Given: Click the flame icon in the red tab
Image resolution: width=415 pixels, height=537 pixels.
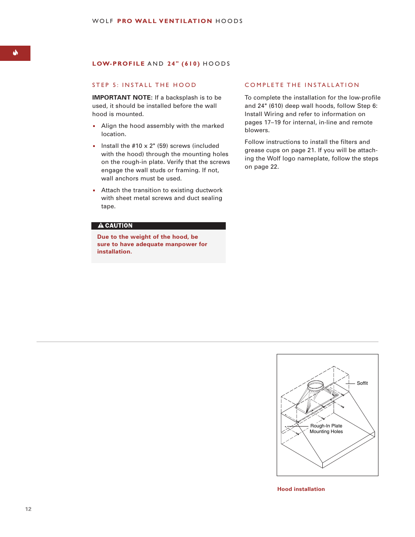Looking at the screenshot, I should pos(15,53).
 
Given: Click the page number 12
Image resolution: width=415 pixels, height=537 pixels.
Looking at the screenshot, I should pos(28,509).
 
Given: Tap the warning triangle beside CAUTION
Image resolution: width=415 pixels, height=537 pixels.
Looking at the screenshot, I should pos(100,226).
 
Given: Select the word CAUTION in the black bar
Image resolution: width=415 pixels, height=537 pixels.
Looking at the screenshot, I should pos(119,226).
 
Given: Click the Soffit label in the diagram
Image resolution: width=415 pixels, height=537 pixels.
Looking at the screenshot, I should pos(362,383).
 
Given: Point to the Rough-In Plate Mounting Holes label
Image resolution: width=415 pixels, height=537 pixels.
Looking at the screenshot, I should pos(326,429).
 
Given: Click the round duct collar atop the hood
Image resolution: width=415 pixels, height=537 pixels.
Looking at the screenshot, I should pos(315,385).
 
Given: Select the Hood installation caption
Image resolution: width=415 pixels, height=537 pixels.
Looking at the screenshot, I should pos(301,489).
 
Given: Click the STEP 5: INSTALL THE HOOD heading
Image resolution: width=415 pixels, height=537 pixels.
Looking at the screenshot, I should pos(144,85).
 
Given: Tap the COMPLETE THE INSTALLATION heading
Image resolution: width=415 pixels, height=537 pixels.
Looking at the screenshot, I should pos(302,85).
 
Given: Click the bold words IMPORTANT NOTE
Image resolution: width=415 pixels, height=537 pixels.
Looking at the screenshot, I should pos(122,98).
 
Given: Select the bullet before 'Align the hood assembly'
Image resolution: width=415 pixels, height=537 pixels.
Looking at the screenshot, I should pos(94,126).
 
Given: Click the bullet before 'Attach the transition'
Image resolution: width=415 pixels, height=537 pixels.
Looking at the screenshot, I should pos(94,190).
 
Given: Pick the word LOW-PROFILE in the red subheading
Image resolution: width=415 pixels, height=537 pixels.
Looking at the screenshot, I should pos(118,64).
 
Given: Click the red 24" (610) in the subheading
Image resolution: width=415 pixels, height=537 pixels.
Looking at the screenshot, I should pos(184,64).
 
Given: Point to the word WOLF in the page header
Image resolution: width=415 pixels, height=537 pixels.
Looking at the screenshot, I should pos(103,21).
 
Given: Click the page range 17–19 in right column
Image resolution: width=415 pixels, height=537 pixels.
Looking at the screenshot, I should pos(272,123).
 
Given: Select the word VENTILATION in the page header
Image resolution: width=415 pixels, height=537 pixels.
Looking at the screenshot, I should pos(185,21).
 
